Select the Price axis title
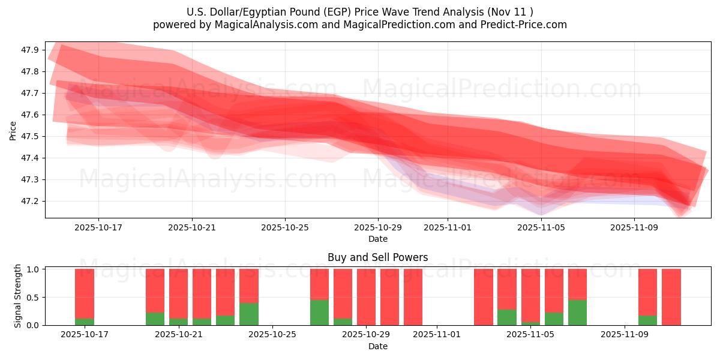(13, 130)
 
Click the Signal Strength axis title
(18, 296)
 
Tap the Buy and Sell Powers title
(377, 257)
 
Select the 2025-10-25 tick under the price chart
(285, 227)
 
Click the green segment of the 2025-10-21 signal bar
(178, 322)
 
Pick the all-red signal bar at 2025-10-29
(366, 297)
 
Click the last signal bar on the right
(671, 297)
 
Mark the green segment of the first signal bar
(85, 322)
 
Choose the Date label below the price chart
(377, 239)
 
